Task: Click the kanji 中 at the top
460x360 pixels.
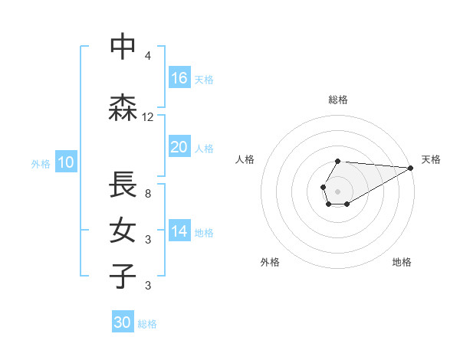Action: coord(123,47)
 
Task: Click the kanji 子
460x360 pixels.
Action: coord(123,277)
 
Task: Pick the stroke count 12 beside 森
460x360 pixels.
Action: coord(148,117)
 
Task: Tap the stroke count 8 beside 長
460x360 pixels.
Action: coord(148,194)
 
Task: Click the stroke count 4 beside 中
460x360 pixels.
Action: coord(148,56)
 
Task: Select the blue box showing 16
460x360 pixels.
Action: coord(179,78)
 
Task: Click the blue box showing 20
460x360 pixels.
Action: coord(179,147)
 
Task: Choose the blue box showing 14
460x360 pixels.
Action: coord(179,231)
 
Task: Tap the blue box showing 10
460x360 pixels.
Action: coord(66,162)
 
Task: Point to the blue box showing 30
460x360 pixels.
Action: coord(123,322)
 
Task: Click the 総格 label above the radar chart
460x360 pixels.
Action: coord(338,100)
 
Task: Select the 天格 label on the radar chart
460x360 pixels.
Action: coord(431,159)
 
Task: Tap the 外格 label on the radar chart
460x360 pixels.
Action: coord(270,262)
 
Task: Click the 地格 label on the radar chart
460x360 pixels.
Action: coord(402,262)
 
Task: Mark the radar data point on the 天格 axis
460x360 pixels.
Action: coord(411,168)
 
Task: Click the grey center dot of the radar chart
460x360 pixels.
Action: coord(337,191)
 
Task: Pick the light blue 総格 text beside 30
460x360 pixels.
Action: coord(147,324)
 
